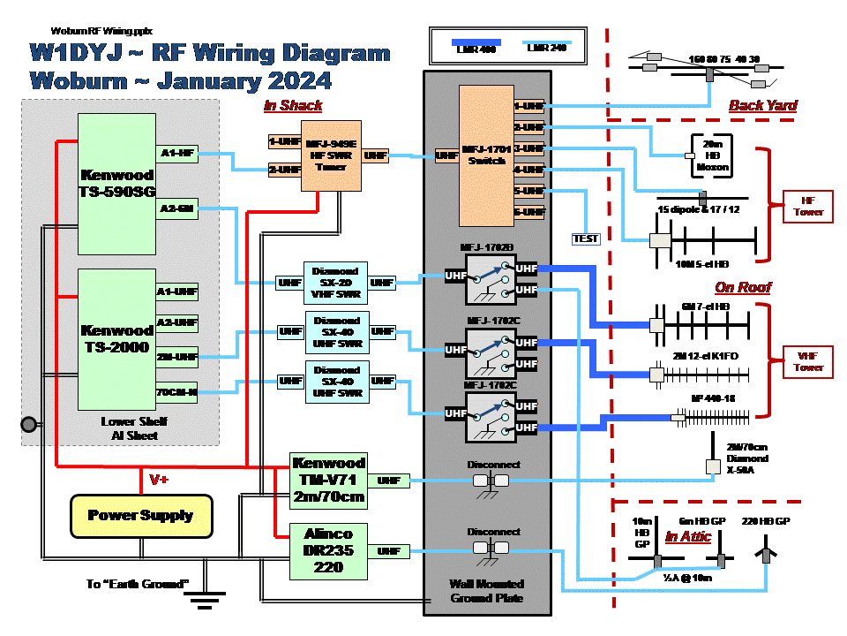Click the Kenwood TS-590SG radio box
coord(116,184)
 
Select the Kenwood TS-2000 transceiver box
coord(116,339)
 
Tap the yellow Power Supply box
coord(141,515)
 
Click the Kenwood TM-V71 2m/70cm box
coord(328,481)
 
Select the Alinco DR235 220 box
coord(328,551)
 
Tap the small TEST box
coord(586,238)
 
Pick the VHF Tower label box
coord(808,362)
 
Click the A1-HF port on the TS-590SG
coord(177,154)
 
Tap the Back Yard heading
coord(762,106)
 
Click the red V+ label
coord(160,481)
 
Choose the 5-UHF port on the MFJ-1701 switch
coord(530,191)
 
